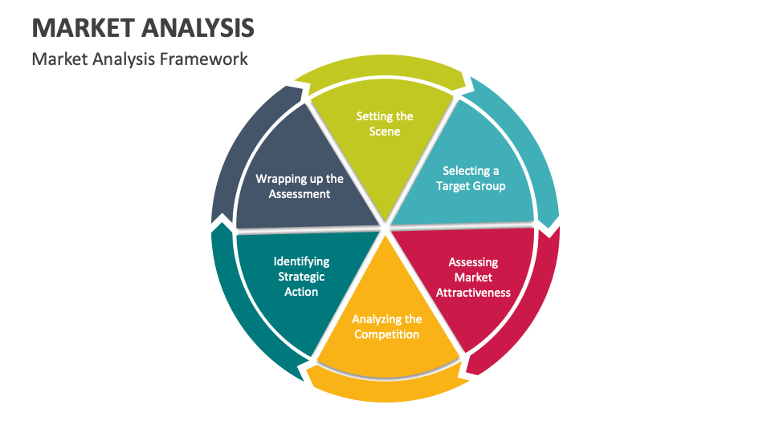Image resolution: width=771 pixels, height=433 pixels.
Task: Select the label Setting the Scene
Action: tap(385, 123)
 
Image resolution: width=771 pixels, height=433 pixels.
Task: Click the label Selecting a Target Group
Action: tap(471, 178)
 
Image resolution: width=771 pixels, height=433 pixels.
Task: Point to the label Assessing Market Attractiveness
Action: tap(473, 277)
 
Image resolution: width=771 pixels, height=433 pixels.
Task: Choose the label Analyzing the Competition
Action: tap(386, 326)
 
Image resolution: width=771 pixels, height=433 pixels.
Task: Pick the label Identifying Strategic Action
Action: tap(301, 277)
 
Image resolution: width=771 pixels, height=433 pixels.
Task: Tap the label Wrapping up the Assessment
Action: tap(300, 186)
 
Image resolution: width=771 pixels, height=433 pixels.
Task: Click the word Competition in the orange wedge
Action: tap(386, 334)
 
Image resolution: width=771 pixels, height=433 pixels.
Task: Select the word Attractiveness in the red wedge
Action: tap(473, 293)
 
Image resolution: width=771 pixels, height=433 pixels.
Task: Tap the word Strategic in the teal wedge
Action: tap(301, 277)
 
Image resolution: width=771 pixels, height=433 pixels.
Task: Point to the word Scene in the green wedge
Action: tap(385, 132)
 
